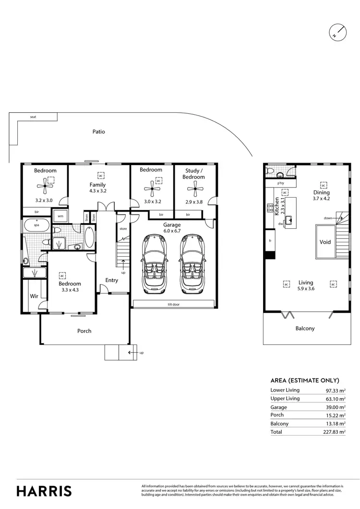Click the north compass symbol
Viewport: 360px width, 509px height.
(338, 33)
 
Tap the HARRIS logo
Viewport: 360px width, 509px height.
(44, 491)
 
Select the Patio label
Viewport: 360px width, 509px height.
(98, 131)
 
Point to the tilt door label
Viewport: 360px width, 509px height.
(173, 304)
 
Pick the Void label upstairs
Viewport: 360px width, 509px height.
(325, 242)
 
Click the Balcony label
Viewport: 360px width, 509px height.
(305, 329)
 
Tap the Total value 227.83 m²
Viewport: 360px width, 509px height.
(336, 432)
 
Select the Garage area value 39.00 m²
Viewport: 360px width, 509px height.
(336, 407)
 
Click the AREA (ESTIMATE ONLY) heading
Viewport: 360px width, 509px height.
(305, 380)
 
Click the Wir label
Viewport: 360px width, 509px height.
(34, 296)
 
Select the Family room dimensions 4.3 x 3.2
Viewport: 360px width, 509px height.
(97, 191)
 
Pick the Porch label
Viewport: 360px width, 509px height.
(84, 331)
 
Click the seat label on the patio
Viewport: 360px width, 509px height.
(33, 117)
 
